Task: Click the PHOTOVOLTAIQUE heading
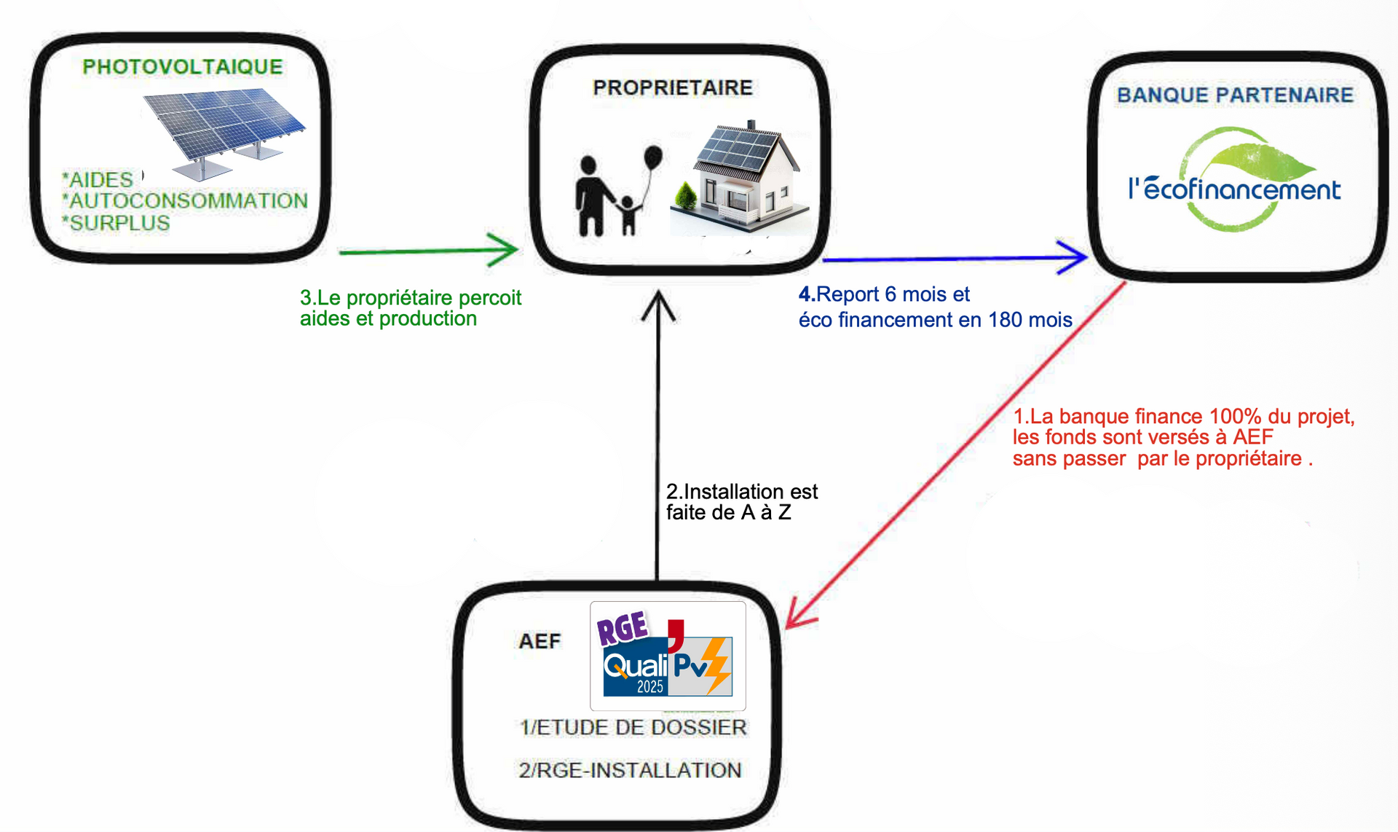pos(182,67)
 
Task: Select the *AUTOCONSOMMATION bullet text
pos(185,201)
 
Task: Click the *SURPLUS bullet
pos(116,223)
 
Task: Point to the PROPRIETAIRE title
pos(673,87)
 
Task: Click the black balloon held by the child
pos(653,157)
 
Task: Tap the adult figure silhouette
pos(592,196)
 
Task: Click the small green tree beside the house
pos(685,196)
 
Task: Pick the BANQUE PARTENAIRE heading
pos(1235,95)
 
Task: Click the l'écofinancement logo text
pos(1234,189)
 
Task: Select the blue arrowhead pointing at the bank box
pos(1072,257)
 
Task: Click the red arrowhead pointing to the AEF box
pos(799,613)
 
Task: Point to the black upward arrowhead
pos(658,305)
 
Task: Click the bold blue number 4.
pos(805,294)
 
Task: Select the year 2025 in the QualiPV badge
pos(650,686)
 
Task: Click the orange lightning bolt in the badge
pos(717,665)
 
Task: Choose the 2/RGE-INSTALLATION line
pos(630,770)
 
